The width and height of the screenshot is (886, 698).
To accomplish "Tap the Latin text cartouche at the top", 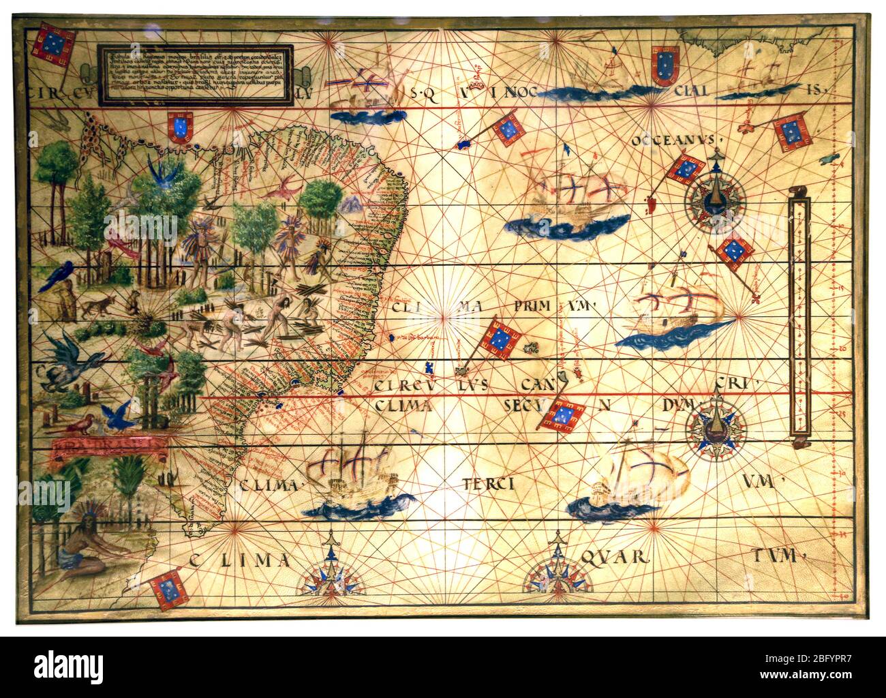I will pos(196,75).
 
